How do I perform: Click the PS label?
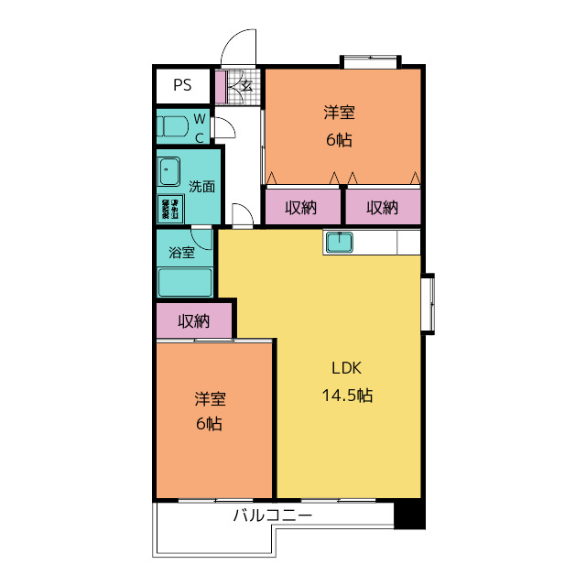(182, 85)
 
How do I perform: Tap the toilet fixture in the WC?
(172, 126)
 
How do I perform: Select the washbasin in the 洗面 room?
(169, 171)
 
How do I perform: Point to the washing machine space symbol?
(170, 209)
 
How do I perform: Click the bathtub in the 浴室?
(185, 282)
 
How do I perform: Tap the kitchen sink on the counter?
(340, 242)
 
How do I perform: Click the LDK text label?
(347, 368)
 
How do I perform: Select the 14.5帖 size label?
(347, 395)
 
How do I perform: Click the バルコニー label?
(273, 515)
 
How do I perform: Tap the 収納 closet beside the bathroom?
(194, 320)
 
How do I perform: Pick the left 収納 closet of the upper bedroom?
(303, 207)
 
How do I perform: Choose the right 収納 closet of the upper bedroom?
(383, 207)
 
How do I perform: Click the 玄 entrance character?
(246, 86)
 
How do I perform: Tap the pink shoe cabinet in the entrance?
(221, 87)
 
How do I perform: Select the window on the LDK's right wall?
(429, 304)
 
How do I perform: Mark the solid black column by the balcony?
(409, 515)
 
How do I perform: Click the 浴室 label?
(181, 253)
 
